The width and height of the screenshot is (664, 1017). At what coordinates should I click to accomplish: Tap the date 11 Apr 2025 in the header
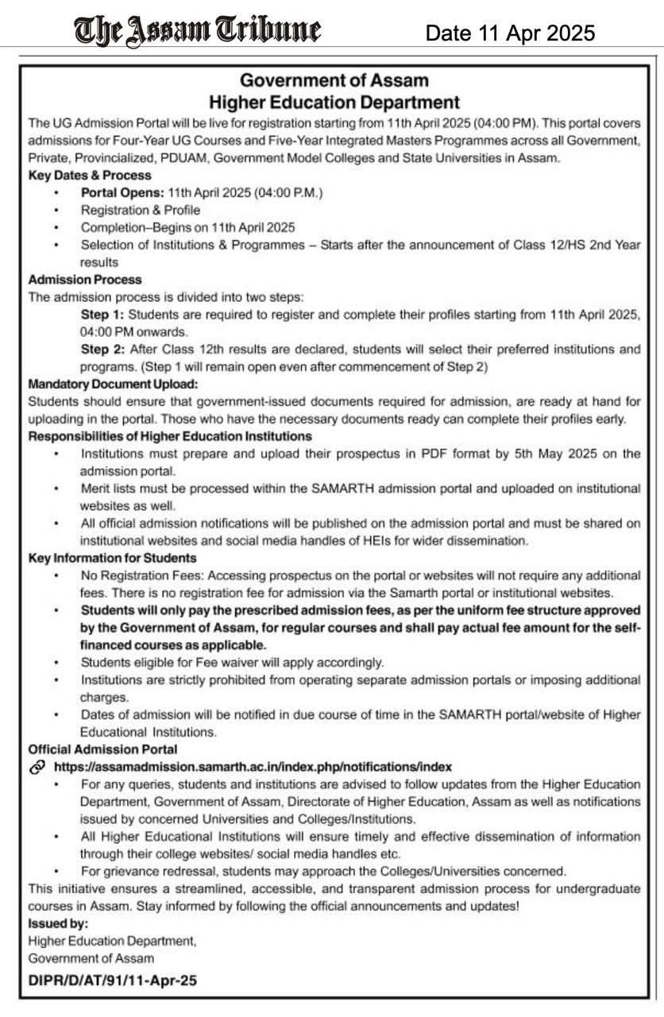point(510,33)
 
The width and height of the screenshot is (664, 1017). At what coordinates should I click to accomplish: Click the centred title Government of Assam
point(334,80)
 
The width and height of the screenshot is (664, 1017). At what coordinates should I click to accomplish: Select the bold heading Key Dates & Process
point(90,175)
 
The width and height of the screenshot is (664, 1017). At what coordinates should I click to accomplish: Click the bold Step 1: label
point(102,315)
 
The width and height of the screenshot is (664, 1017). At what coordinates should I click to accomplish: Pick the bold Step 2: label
point(102,350)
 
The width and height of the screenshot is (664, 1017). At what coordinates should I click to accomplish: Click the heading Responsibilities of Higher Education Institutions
point(170,436)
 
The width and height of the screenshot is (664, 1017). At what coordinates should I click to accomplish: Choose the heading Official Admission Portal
point(103,748)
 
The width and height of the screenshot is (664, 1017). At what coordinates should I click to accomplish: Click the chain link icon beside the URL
point(37,767)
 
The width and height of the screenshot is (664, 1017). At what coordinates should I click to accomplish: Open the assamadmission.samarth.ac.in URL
point(253,767)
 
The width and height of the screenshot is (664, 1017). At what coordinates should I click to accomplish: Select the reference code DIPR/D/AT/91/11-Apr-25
point(112,980)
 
